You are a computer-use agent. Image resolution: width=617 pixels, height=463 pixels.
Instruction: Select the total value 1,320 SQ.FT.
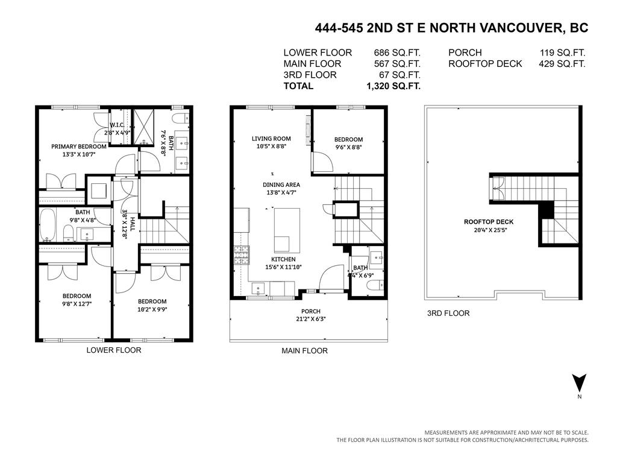[x=393, y=86]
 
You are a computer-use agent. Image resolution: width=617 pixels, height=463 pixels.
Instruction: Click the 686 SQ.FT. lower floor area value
[x=397, y=53]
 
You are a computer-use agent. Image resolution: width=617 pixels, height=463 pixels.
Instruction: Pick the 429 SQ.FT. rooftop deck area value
[x=562, y=64]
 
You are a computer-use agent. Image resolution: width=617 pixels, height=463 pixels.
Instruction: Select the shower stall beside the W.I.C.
[x=144, y=127]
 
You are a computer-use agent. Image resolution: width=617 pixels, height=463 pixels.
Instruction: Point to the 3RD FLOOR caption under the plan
[x=448, y=313]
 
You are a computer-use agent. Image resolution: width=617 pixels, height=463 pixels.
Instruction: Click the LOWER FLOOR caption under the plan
[x=114, y=350]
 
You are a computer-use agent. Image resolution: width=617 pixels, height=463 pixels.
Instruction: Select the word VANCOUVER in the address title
[x=514, y=28]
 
